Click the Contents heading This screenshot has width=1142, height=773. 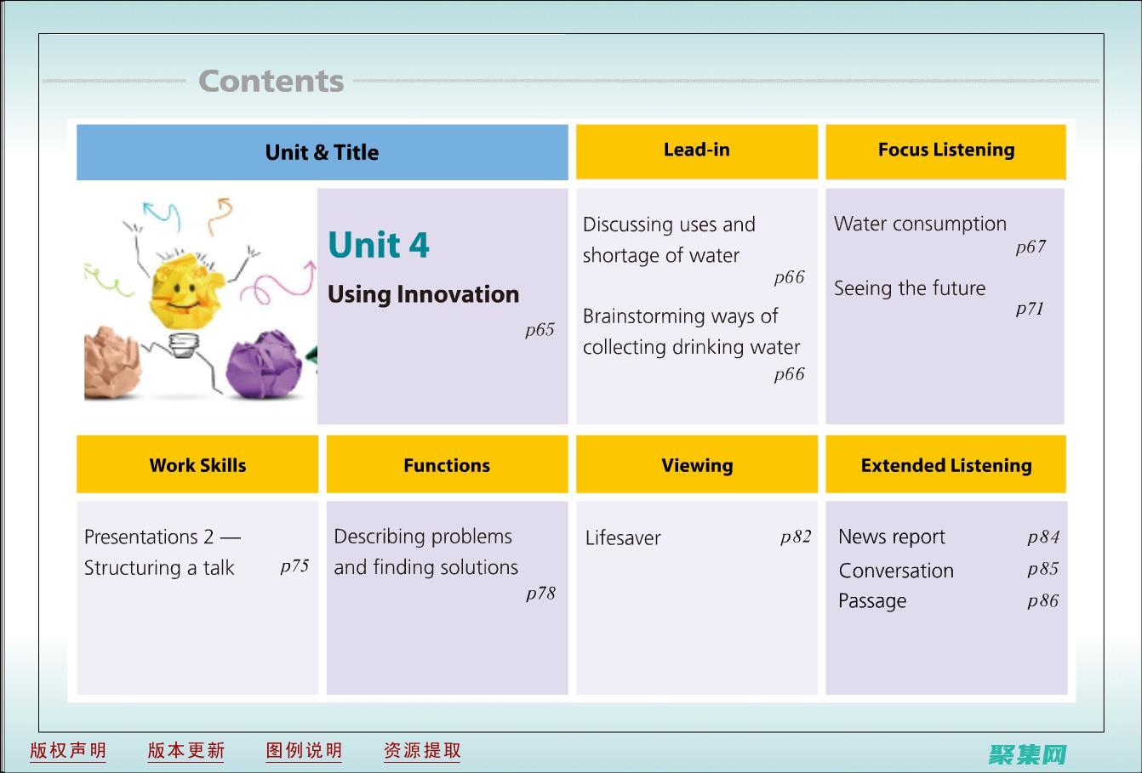pyautogui.click(x=271, y=81)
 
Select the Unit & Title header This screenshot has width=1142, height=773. pyautogui.click(x=323, y=152)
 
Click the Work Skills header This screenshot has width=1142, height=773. pyautogui.click(x=197, y=464)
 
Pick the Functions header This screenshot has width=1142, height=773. pyautogui.click(x=447, y=464)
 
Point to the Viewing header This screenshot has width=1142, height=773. pyautogui.click(x=697, y=464)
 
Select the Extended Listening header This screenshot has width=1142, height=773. pyautogui.click(x=945, y=464)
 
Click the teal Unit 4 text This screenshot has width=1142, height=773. pyautogui.click(x=379, y=245)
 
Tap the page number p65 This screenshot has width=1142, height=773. pyautogui.click(x=540, y=330)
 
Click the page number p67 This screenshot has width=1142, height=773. pyautogui.click(x=1031, y=247)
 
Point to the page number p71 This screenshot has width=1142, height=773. pyautogui.click(x=1030, y=309)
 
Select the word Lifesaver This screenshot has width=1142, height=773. pyautogui.click(x=623, y=538)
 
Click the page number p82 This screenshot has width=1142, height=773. pyautogui.click(x=796, y=537)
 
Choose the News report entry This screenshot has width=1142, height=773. pyautogui.click(x=892, y=537)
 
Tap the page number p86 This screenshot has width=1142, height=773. pyautogui.click(x=1043, y=601)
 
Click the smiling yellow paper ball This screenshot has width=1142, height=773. pyautogui.click(x=186, y=292)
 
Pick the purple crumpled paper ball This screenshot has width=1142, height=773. pyautogui.click(x=264, y=364)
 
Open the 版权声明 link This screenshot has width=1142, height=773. pyautogui.click(x=68, y=751)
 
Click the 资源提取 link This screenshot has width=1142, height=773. pyautogui.click(x=422, y=751)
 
